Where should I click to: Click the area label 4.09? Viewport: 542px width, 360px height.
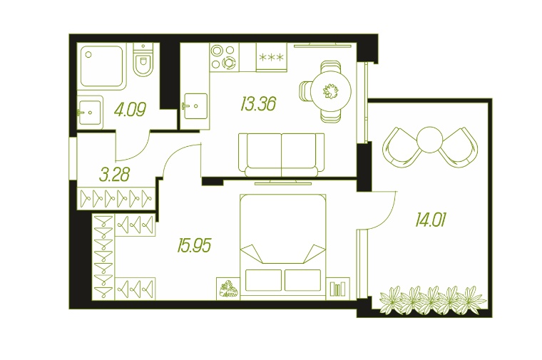pyautogui.click(x=130, y=109)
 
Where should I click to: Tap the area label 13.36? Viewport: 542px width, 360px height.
pyautogui.click(x=258, y=104)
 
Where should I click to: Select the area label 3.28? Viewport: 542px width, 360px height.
pyautogui.click(x=114, y=175)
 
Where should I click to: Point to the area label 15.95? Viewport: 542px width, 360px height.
pyautogui.click(x=194, y=246)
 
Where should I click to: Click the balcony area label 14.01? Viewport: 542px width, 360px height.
pyautogui.click(x=431, y=220)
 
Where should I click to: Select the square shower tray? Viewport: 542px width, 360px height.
pyautogui.click(x=101, y=66)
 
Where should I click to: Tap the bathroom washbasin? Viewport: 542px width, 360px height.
pyautogui.click(x=90, y=113)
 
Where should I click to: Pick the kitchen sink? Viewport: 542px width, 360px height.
pyautogui.click(x=195, y=106)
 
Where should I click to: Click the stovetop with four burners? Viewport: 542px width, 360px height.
pyautogui.click(x=224, y=57)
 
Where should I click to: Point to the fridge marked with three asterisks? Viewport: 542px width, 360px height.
pyautogui.click(x=271, y=57)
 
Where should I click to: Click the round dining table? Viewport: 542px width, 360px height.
pyautogui.click(x=330, y=91)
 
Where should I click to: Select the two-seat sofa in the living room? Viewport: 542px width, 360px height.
pyautogui.click(x=282, y=155)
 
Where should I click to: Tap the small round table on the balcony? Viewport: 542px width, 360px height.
pyautogui.click(x=429, y=140)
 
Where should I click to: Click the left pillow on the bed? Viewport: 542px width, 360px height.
pyautogui.click(x=263, y=280)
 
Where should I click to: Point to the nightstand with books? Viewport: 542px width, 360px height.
pyautogui.click(x=338, y=289)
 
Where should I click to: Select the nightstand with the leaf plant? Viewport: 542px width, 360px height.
pyautogui.click(x=227, y=289)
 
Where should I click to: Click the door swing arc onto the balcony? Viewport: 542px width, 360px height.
pyautogui.click(x=387, y=216)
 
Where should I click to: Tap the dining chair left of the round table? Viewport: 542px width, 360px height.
pyautogui.click(x=305, y=91)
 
